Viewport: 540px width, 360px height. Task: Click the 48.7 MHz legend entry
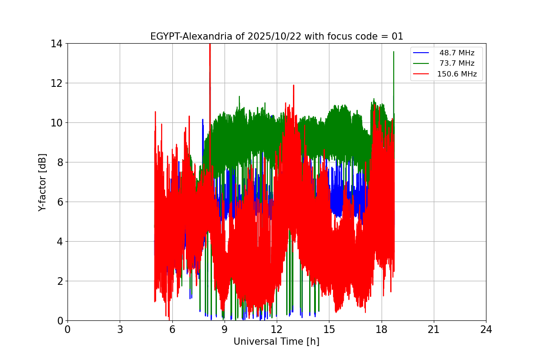click(457, 53)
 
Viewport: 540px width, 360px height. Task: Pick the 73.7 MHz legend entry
click(457, 63)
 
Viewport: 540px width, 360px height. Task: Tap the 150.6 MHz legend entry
click(457, 74)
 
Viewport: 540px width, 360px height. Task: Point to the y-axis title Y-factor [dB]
click(42, 182)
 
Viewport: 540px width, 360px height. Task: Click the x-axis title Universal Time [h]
click(276, 342)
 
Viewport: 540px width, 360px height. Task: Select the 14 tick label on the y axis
click(56, 44)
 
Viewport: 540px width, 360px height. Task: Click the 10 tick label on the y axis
click(56, 123)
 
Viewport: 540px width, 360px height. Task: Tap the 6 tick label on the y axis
click(59, 202)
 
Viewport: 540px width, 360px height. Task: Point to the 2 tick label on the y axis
click(59, 281)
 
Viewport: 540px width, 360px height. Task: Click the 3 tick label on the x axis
click(120, 329)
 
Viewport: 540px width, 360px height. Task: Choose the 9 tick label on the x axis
click(225, 329)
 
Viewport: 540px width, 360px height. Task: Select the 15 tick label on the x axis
click(329, 329)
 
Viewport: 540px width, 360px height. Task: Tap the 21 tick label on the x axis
click(434, 329)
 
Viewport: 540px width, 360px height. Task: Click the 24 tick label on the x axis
click(486, 329)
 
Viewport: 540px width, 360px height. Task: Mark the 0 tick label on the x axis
click(67, 329)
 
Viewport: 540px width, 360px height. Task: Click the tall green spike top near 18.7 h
click(394, 52)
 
